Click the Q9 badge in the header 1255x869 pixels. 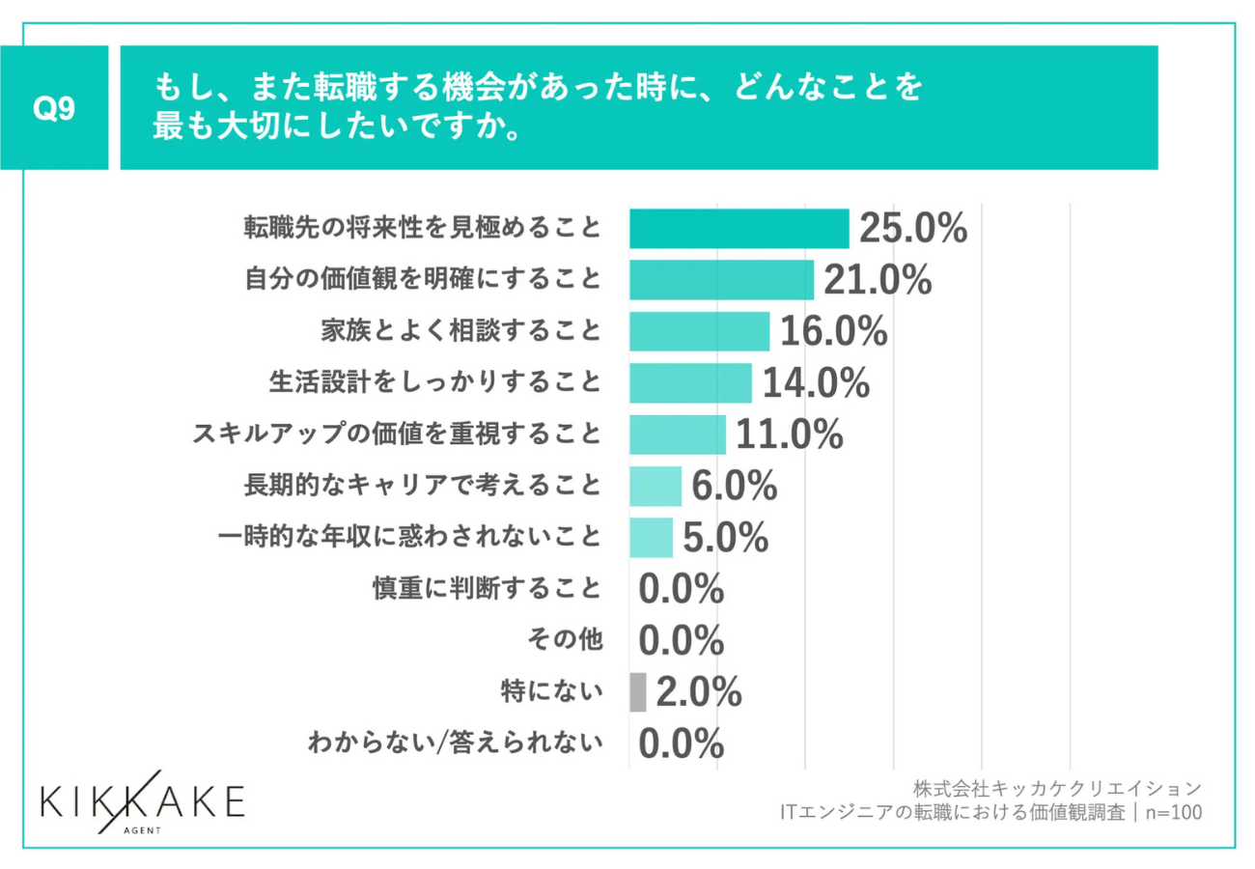click(54, 108)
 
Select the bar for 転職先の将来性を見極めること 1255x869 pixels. click(739, 229)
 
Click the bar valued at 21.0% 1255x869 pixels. click(721, 280)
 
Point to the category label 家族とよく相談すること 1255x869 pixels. click(461, 331)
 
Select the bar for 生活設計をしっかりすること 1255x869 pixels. click(690, 383)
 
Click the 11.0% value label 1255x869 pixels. click(790, 434)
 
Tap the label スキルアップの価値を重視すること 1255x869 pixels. click(397, 434)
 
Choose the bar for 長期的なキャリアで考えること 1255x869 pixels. click(655, 486)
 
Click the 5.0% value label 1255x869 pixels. click(725, 538)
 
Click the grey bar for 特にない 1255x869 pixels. click(637, 691)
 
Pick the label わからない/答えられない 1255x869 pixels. click(456, 743)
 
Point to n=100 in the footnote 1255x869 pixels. click(1173, 813)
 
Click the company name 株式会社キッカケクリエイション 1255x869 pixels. click(1057, 787)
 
